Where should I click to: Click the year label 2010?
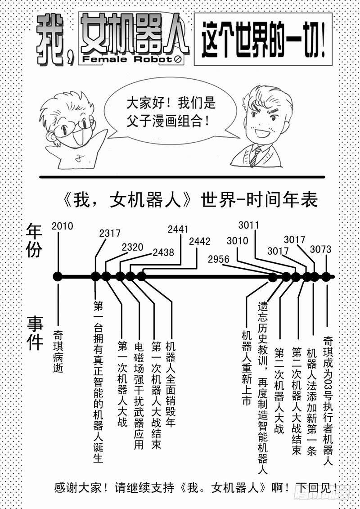[x=62, y=226]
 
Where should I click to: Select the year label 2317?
[x=110, y=234]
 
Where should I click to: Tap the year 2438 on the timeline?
[x=163, y=252]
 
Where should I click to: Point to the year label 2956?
[x=219, y=259]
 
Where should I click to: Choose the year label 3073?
[x=320, y=249]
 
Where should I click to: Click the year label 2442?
[x=200, y=241]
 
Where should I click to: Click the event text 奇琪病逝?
[x=58, y=351]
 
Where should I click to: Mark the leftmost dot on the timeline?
[x=57, y=276]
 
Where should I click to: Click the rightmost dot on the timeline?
[x=326, y=276]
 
